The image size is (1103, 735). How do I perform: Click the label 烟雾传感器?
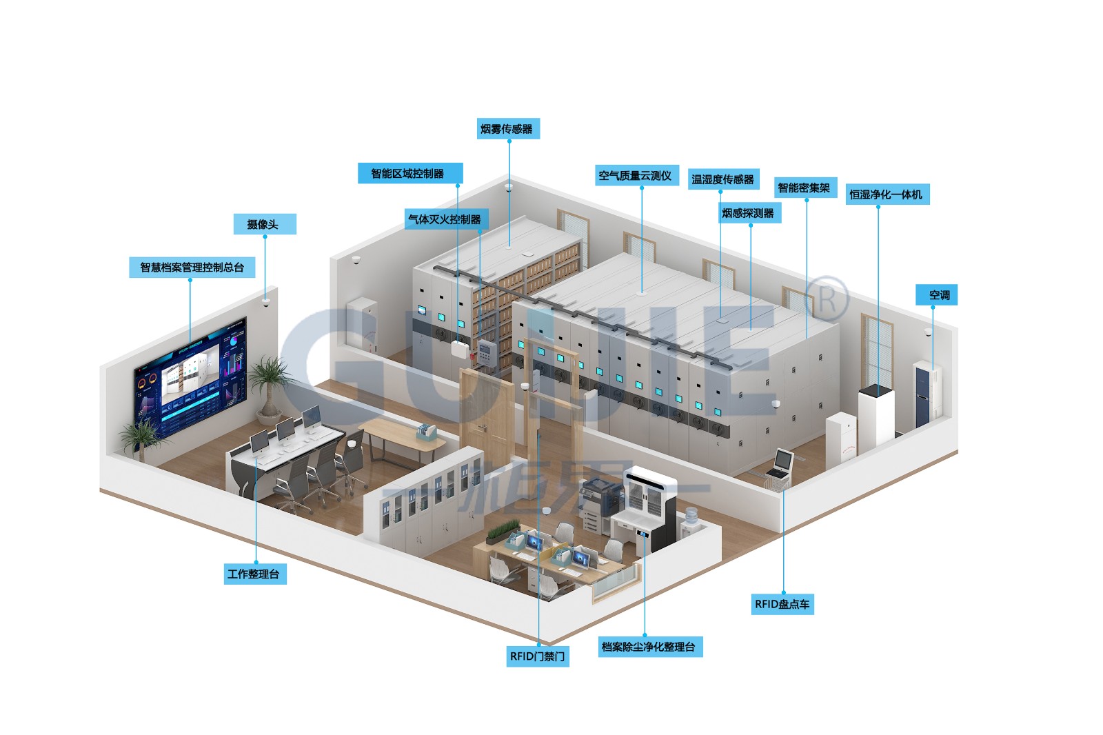509,129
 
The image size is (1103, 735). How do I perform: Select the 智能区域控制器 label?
409,174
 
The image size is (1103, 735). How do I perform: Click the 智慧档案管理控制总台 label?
192,268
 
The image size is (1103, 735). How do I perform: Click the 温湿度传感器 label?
723,179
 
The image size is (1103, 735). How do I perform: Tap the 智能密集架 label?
805,188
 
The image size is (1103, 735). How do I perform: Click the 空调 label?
938,295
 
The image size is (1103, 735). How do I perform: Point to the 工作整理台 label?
254,574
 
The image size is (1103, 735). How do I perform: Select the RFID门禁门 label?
538,656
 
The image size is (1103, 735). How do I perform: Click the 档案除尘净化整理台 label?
649,647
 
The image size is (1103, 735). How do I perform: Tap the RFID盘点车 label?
782,604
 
